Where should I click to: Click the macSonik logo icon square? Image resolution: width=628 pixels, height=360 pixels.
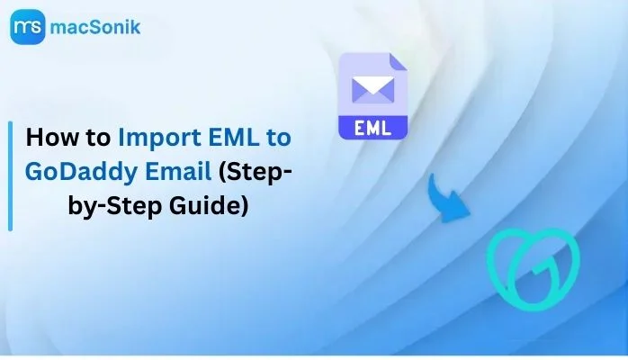coord(28,27)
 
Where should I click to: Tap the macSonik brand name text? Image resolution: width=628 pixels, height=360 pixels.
coord(95,27)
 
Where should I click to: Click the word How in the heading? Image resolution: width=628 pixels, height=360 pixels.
coord(52,138)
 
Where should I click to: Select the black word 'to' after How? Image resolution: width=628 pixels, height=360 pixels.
coord(98,138)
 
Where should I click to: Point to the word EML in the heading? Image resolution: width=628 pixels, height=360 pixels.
coord(234,138)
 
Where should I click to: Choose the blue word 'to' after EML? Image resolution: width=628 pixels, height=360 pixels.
coord(278,138)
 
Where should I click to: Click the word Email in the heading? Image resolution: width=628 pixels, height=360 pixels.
coord(178,171)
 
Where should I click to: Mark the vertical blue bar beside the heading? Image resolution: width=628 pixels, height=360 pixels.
coord(11,176)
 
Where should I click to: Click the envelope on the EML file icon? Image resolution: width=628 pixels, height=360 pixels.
coord(372,90)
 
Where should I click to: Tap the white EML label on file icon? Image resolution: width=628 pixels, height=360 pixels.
coord(372,128)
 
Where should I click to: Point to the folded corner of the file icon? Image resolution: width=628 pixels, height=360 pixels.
coord(398,62)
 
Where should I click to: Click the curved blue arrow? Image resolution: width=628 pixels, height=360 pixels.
coord(446,200)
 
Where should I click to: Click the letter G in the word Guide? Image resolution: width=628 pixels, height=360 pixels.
coord(178,206)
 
